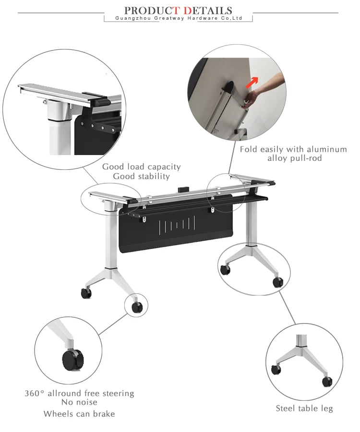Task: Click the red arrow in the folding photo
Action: pyautogui.click(x=252, y=82)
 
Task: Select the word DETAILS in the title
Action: pyautogui.click(x=208, y=11)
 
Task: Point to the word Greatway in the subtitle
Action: pyautogui.click(x=169, y=18)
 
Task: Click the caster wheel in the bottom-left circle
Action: pyautogui.click(x=72, y=360)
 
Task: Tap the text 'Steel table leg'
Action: pyautogui.click(x=304, y=408)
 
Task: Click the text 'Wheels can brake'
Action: pyautogui.click(x=79, y=414)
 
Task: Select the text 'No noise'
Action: pyautogui.click(x=79, y=402)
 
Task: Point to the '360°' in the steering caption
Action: pyautogui.click(x=35, y=393)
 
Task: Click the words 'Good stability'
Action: pyautogui.click(x=141, y=176)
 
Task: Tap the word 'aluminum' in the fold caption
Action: pyautogui.click(x=327, y=149)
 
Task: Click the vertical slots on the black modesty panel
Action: pyautogui.click(x=177, y=223)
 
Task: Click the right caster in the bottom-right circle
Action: pyautogui.click(x=327, y=382)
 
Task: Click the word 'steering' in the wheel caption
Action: pyautogui.click(x=118, y=394)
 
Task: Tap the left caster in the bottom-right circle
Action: pyautogui.click(x=276, y=370)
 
